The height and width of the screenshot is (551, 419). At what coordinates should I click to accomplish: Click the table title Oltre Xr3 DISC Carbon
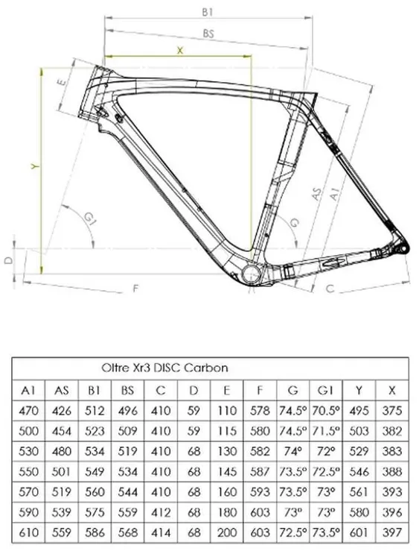tap(164, 368)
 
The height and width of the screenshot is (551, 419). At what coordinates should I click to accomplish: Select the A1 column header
tap(28, 390)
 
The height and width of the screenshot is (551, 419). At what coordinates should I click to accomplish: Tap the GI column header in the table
tap(325, 390)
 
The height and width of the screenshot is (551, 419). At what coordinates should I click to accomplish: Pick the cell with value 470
tap(28, 410)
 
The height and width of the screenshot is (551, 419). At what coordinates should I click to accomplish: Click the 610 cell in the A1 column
tap(28, 532)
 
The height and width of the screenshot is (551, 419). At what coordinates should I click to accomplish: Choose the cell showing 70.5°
tap(326, 410)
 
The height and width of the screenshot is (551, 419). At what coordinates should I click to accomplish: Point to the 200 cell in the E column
tap(227, 532)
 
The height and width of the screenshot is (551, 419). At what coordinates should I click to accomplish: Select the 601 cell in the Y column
tap(359, 532)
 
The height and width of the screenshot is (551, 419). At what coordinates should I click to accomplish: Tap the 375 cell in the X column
tap(392, 410)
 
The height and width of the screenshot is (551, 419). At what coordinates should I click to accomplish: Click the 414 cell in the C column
tap(161, 532)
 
